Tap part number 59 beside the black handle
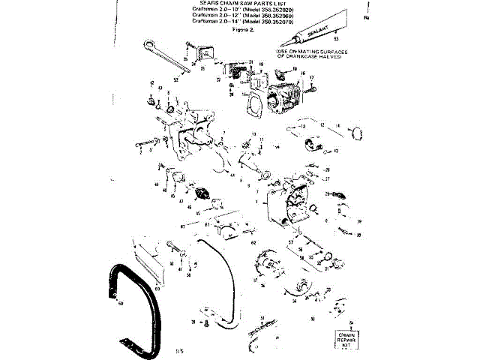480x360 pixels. coord(121,304)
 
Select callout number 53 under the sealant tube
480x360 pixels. coord(336,38)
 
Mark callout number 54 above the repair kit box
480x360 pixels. coord(351,322)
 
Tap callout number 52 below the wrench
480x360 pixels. coord(175,78)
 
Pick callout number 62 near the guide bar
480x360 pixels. coord(253,243)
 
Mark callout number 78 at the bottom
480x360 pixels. coord(193,322)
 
